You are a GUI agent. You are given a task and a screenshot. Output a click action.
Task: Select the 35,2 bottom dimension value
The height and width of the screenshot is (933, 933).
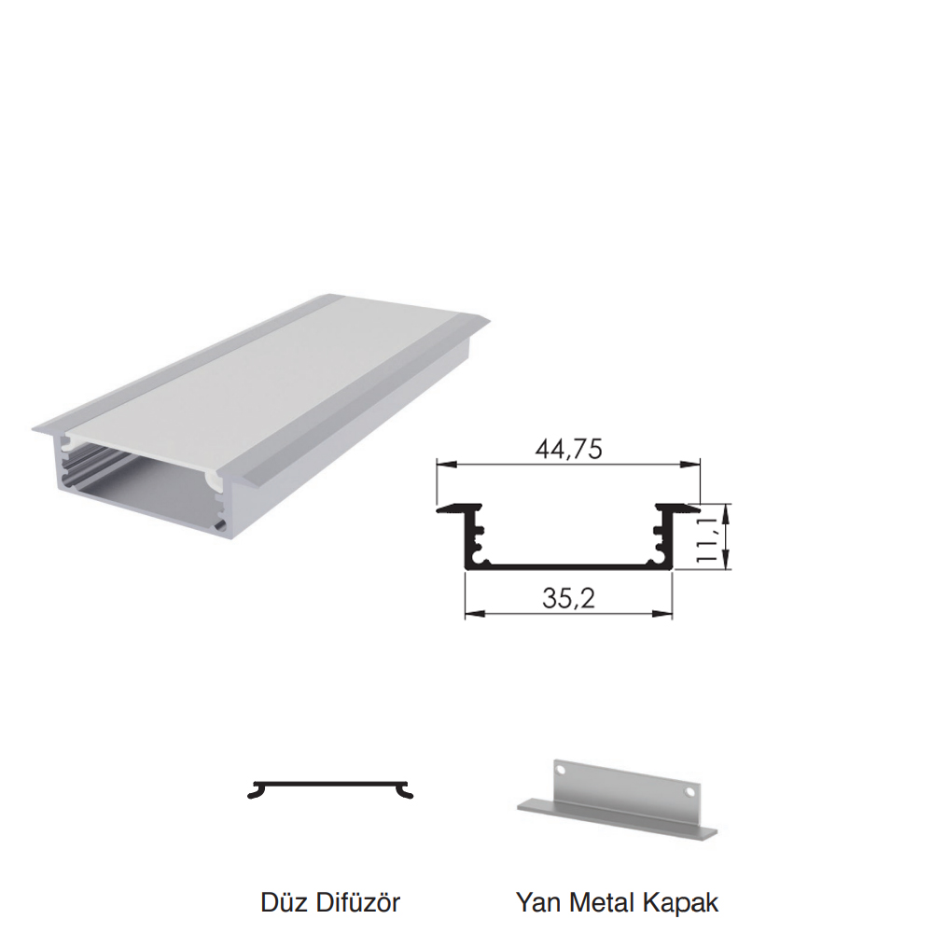click(x=568, y=597)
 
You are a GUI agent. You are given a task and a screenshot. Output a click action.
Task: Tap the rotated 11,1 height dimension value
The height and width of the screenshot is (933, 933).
click(x=707, y=538)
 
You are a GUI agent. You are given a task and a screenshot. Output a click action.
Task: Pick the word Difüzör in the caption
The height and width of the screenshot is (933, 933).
click(x=357, y=902)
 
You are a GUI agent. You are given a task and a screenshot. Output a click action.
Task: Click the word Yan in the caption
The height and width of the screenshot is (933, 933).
click(x=538, y=902)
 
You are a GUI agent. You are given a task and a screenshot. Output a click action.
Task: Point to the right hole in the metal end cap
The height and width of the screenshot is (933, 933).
click(x=690, y=792)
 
